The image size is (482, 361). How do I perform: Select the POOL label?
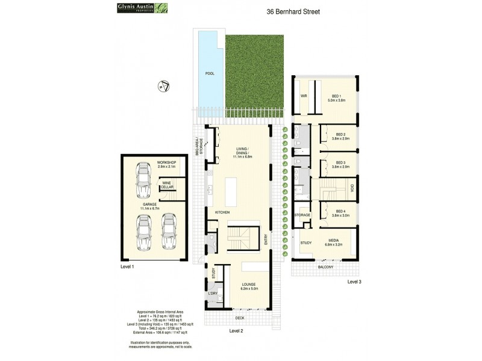click(x=210, y=73)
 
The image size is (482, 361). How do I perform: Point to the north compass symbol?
click(x=161, y=87)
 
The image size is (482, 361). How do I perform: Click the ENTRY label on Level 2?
click(x=266, y=239)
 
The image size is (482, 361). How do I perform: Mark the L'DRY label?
click(x=213, y=293)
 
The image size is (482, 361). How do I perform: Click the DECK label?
click(x=239, y=318)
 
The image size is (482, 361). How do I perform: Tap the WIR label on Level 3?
click(x=305, y=96)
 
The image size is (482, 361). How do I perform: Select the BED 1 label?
click(x=336, y=98)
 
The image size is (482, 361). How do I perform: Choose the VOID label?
click(x=352, y=190)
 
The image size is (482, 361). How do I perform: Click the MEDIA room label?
click(x=333, y=241)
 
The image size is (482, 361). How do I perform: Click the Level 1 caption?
click(x=128, y=266)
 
